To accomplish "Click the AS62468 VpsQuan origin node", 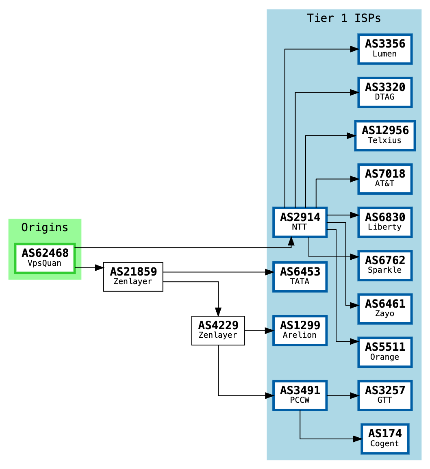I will pos(45,258).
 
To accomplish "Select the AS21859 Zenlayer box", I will pos(133,277).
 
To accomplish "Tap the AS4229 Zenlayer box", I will pos(218,330).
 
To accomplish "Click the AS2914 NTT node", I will pos(300,222).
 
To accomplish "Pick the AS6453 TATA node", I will pos(300,277).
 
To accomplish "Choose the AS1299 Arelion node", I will pos(300,330).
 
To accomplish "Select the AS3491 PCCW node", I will pos(300,395).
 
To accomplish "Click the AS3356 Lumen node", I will pos(385,49).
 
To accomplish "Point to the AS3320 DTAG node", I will pos(385,92).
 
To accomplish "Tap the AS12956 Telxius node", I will pos(385,135).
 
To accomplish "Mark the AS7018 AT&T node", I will pos(385,179).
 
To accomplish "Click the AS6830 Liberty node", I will pos(385,222).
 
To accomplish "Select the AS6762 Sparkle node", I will pos(385,265).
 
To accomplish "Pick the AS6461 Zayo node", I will pos(385,309).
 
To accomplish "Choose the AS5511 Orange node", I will pos(385,352).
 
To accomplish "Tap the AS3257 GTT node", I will pos(385,395).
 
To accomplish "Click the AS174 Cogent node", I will pos(385,439).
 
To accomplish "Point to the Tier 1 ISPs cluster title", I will pos(344,18).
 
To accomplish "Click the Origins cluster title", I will pos(45,228).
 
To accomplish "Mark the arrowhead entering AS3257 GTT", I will pos(354,395).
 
